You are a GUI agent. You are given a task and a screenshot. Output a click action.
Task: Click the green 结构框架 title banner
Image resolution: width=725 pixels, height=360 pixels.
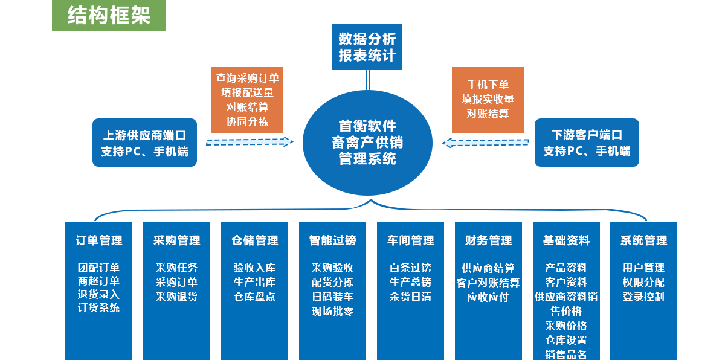click(x=109, y=15)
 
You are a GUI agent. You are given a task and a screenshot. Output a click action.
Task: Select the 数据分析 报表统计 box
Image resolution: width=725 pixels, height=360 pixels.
click(x=367, y=47)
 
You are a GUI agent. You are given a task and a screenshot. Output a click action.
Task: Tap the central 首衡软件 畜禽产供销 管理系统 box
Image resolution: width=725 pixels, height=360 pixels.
click(x=367, y=143)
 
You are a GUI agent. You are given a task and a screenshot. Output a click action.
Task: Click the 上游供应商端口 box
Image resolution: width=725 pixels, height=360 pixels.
click(x=144, y=143)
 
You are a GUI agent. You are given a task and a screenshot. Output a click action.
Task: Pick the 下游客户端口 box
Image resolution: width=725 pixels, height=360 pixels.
click(x=587, y=143)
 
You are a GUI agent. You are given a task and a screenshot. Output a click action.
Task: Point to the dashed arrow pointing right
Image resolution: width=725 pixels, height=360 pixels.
click(x=250, y=142)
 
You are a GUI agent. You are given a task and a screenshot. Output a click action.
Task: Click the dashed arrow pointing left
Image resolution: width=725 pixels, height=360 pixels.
click(x=486, y=143)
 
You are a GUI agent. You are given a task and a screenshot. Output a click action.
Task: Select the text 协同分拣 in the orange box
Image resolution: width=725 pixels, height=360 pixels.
click(x=247, y=121)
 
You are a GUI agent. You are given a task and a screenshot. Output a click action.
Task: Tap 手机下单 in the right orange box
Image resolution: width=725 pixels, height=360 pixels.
click(x=488, y=85)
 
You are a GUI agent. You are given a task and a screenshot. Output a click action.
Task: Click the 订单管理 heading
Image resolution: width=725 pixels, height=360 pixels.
click(x=98, y=240)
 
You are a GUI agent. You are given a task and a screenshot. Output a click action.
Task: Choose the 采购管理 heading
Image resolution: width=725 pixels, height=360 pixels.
click(x=176, y=240)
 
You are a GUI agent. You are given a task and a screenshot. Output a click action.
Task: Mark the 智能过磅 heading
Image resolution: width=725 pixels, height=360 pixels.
click(x=332, y=240)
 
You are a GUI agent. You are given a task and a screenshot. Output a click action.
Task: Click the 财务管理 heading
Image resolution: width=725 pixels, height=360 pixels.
click(x=488, y=240)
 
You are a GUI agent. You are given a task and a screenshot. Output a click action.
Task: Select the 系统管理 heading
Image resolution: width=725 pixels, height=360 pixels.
click(x=643, y=240)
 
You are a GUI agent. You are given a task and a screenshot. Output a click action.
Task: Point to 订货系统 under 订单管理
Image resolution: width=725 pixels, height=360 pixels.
click(x=98, y=308)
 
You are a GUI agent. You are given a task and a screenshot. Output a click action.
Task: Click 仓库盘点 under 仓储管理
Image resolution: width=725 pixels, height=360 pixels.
click(x=254, y=297)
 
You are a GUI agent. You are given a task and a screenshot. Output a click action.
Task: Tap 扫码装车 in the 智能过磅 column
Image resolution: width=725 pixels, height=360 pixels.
click(x=332, y=297)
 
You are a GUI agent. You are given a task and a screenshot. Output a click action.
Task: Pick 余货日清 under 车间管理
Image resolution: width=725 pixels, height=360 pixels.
click(x=410, y=297)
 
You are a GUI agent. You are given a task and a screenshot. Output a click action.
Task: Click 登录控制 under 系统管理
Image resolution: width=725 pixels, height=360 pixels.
click(x=643, y=297)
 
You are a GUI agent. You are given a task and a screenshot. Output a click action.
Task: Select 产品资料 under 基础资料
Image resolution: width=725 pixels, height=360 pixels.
click(x=565, y=268)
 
